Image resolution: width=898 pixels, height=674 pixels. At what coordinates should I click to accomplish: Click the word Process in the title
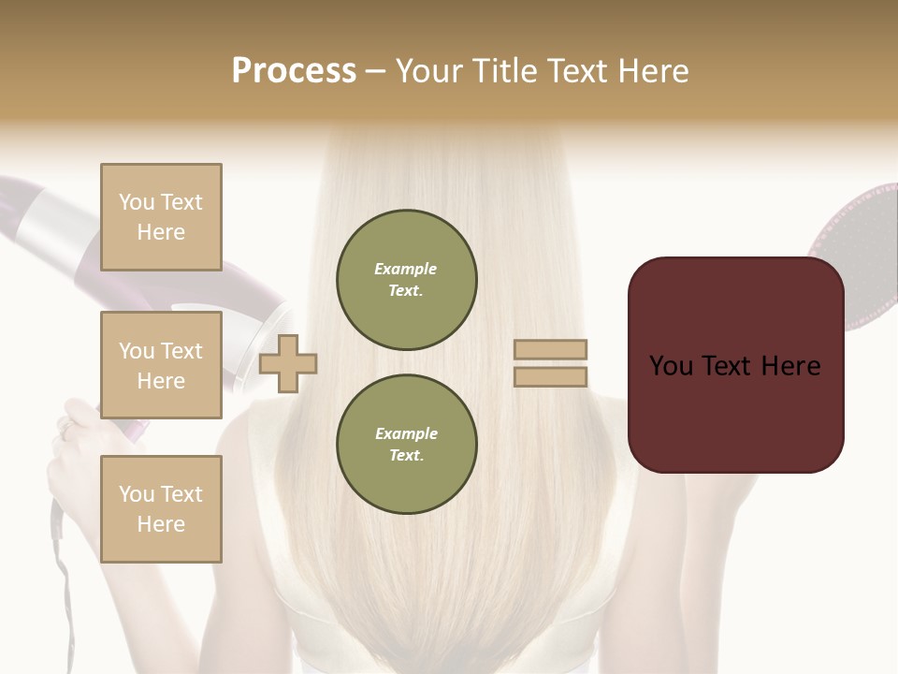click(294, 71)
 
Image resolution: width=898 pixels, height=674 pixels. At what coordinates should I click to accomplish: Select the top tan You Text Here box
click(161, 217)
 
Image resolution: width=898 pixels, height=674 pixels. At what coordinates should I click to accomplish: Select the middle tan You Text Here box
click(161, 365)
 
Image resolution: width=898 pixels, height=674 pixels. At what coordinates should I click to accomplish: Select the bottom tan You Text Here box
click(161, 508)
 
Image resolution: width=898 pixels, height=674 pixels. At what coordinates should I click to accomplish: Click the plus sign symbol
click(288, 363)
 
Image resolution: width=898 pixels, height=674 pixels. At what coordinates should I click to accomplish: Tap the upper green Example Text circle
click(406, 280)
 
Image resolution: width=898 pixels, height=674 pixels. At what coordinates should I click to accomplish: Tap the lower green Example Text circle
click(406, 445)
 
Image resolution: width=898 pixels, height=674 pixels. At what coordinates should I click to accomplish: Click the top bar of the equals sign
click(550, 350)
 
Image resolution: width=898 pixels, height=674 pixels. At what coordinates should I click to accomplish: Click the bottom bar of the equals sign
click(550, 376)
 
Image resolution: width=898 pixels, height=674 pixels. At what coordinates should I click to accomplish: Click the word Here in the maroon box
click(789, 366)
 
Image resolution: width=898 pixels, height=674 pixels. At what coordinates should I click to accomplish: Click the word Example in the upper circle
click(406, 270)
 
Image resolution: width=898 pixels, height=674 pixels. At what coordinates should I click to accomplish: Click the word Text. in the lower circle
click(406, 455)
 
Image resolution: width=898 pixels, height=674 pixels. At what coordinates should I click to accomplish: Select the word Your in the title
click(429, 71)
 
